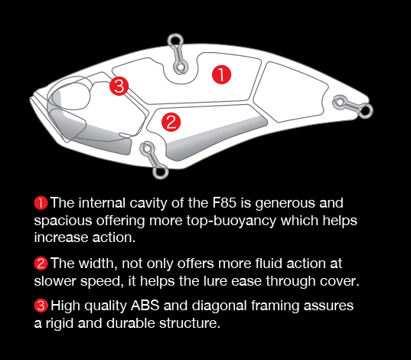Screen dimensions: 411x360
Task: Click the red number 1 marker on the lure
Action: (x=221, y=75)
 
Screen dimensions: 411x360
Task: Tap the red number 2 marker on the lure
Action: (x=171, y=122)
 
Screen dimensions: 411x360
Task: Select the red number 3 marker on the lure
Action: (x=119, y=86)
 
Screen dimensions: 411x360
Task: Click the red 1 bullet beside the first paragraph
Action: (x=41, y=203)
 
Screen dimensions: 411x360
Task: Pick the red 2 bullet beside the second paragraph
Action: (x=41, y=263)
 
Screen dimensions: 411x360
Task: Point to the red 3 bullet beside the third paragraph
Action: (x=41, y=306)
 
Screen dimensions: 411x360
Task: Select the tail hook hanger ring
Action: (x=365, y=110)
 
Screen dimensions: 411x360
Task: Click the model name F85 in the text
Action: (x=224, y=203)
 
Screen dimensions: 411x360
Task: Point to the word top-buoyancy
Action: (x=231, y=221)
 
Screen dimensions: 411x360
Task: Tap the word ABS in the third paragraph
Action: (x=145, y=306)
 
